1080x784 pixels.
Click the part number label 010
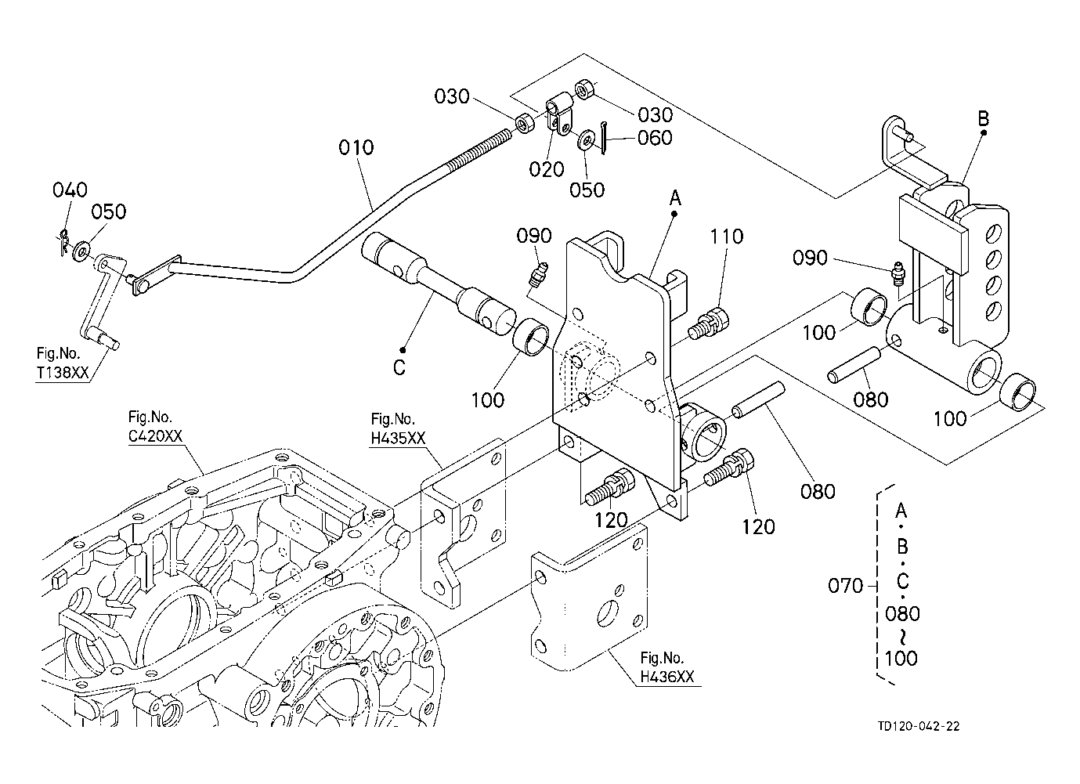(x=356, y=147)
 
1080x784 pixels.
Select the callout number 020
(x=547, y=169)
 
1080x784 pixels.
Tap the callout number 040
(x=70, y=190)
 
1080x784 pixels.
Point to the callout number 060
(x=655, y=139)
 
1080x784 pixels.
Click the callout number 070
(x=845, y=586)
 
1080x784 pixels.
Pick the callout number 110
(x=727, y=237)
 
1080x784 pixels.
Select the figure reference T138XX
(x=63, y=373)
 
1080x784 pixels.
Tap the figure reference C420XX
(x=155, y=436)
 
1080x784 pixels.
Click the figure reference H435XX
(x=399, y=439)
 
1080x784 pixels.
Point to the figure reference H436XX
(x=667, y=677)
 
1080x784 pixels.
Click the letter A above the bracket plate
(x=675, y=197)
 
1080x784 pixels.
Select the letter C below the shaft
(x=399, y=368)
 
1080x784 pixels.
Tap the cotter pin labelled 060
(x=603, y=139)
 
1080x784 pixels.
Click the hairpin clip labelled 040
(x=63, y=243)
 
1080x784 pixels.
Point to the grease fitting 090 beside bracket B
(x=898, y=275)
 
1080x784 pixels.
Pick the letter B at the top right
(x=983, y=118)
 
